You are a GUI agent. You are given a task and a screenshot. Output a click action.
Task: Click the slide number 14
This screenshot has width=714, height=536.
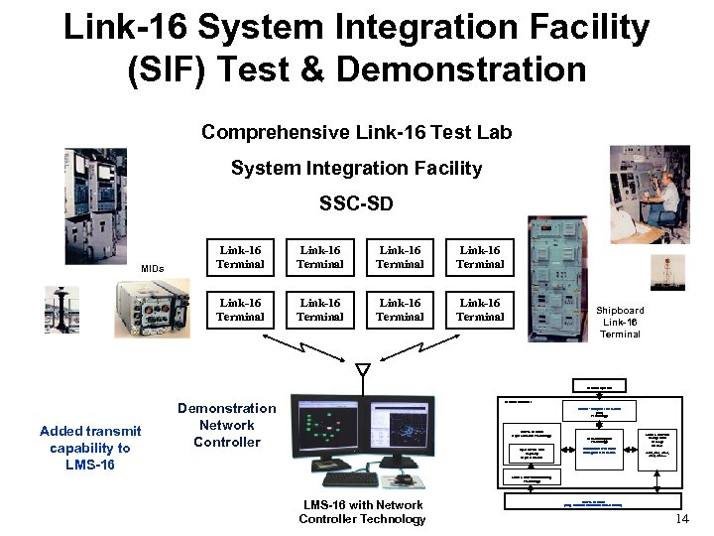click(x=681, y=520)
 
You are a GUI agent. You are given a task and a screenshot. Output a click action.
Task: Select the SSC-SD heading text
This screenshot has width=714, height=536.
click(x=356, y=204)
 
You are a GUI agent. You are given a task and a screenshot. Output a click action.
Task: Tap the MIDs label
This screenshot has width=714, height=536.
click(x=152, y=269)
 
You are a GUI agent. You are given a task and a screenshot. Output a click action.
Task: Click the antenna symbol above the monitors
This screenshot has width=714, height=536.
click(x=363, y=370)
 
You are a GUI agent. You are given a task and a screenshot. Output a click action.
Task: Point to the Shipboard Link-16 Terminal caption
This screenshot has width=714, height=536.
click(x=621, y=323)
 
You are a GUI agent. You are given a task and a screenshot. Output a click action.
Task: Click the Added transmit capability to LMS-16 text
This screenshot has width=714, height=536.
click(x=90, y=447)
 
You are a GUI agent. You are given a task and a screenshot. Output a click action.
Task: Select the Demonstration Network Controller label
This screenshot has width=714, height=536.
click(x=227, y=425)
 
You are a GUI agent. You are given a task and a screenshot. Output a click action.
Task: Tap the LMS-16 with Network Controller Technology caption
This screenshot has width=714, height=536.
click(x=362, y=512)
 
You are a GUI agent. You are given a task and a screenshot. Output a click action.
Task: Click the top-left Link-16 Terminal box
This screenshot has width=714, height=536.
click(x=240, y=258)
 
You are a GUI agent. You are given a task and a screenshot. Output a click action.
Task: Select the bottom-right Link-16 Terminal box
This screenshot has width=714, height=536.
click(x=480, y=310)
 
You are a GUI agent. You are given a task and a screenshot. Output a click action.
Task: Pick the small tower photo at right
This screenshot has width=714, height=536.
click(x=667, y=272)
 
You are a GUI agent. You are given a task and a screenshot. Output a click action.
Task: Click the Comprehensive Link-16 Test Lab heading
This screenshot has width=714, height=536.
click(x=356, y=132)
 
